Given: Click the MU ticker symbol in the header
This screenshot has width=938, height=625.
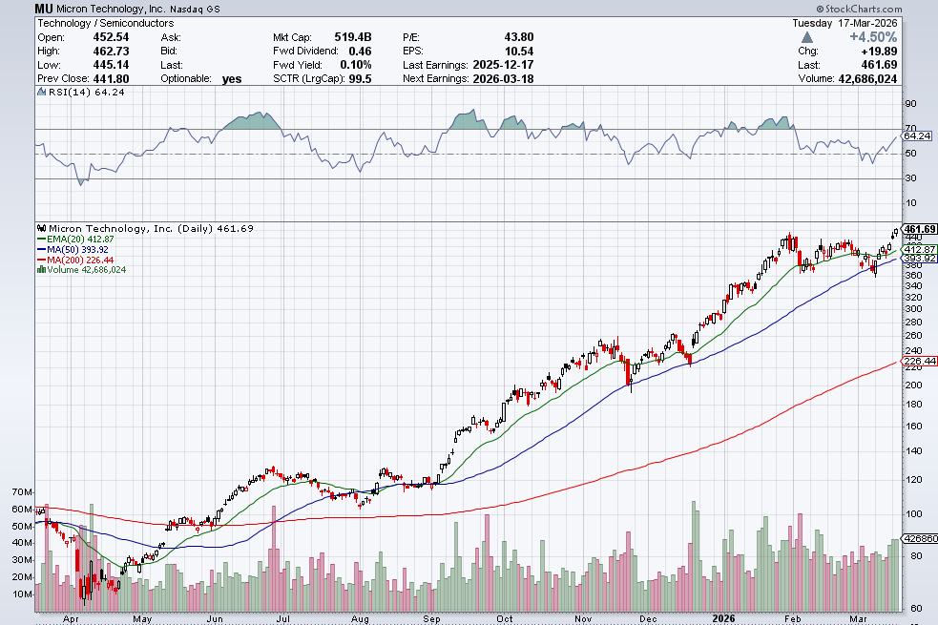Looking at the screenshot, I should click(x=44, y=8).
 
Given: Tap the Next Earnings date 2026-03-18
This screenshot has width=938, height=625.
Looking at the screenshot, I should click(x=502, y=78).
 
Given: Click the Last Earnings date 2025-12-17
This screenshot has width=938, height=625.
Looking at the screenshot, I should click(x=502, y=65).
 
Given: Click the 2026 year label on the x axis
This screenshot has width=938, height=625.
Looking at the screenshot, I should click(x=722, y=616).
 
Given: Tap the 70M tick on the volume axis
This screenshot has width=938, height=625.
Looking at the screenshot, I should click(x=22, y=491).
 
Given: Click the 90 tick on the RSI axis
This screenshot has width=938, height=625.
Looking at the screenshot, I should click(x=910, y=104).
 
